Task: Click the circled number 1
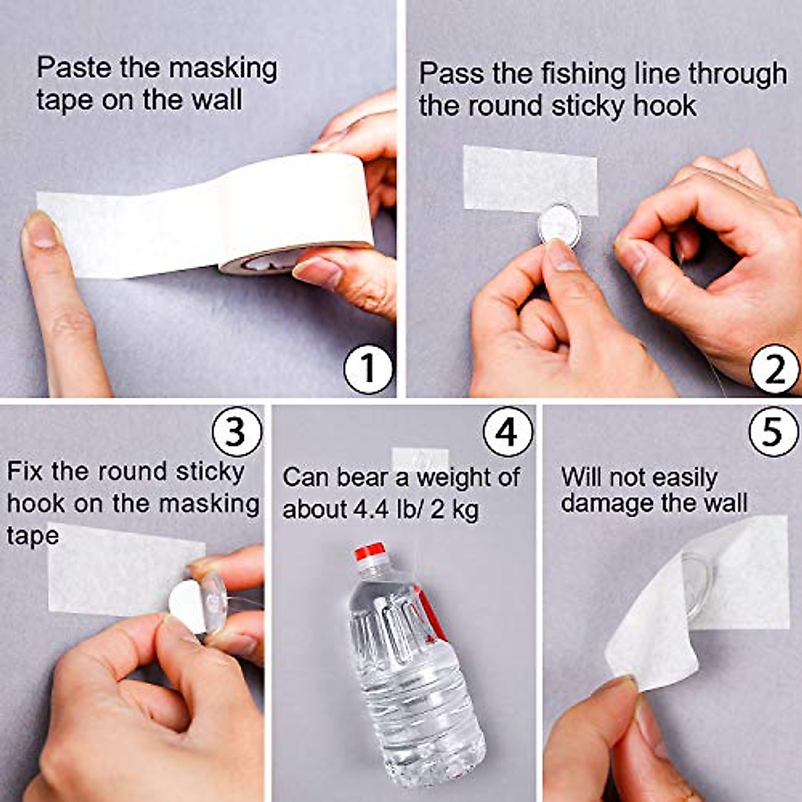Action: (x=368, y=369)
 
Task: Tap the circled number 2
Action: (x=775, y=369)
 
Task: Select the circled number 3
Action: (x=237, y=432)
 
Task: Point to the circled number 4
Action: (x=508, y=432)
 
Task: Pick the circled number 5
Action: (x=773, y=432)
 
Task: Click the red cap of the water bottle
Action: (x=370, y=551)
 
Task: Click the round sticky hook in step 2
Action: (x=559, y=226)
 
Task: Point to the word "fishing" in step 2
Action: (x=583, y=75)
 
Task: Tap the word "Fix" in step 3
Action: (x=25, y=471)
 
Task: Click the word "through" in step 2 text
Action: (x=738, y=75)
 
